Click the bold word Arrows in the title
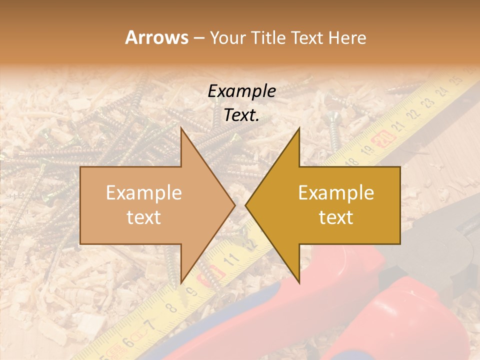(x=156, y=37)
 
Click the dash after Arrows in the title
(x=198, y=38)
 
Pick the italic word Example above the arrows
(x=242, y=91)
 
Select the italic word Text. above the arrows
(x=242, y=115)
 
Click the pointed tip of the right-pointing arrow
(x=235, y=205)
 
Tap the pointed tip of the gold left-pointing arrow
(x=246, y=205)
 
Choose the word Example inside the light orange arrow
(x=144, y=193)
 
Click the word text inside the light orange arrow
(x=144, y=217)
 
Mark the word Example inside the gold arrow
(x=336, y=193)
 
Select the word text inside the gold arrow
(x=336, y=217)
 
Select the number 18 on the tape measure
(x=352, y=161)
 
